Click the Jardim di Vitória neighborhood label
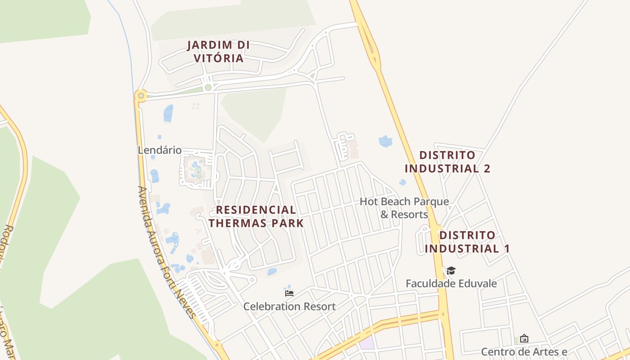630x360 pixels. [218, 51]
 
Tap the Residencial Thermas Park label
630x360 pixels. [256, 216]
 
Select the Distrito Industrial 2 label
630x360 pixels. [447, 162]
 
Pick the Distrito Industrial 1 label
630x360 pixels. [467, 242]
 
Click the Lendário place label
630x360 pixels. [159, 150]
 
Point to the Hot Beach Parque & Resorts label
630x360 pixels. [404, 207]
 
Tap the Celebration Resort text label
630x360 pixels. [289, 306]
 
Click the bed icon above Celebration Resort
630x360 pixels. [289, 293]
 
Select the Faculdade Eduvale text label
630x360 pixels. [451, 283]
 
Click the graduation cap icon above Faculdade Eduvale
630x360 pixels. [451, 270]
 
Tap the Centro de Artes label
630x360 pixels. [524, 351]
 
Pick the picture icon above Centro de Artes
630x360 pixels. [524, 338]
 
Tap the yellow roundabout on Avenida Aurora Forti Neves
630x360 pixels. [141, 95]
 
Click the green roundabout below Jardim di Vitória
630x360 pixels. [207, 88]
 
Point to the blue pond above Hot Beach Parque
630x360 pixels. [386, 141]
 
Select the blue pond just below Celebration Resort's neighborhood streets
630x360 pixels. [272, 272]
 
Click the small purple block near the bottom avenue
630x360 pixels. [366, 343]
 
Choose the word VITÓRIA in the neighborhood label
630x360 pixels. [218, 58]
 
